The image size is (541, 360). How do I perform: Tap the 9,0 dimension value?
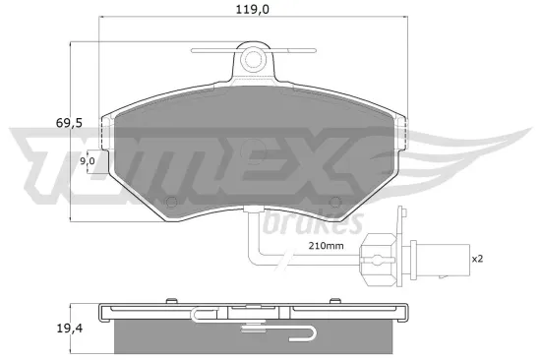pyautogui.click(x=87, y=160)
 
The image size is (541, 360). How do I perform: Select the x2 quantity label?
pyautogui.click(x=477, y=259)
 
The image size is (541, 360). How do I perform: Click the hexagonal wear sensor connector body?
pyautogui.click(x=377, y=259)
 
